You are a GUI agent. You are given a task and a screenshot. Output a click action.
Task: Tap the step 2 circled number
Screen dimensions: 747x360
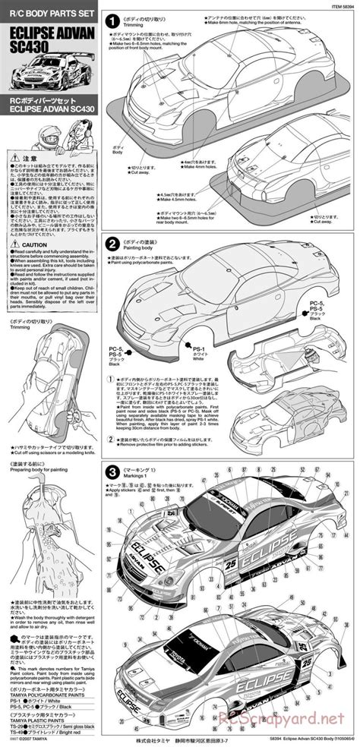(x=112, y=244)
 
